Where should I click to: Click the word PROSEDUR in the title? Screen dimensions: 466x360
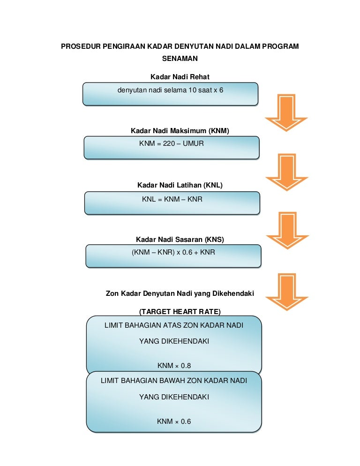(x=80, y=47)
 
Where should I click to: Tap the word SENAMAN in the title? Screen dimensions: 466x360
(x=180, y=59)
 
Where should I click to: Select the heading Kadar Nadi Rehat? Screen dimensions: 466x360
(x=180, y=77)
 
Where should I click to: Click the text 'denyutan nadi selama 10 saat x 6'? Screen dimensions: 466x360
(x=170, y=90)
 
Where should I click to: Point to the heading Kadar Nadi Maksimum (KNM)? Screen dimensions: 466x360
(x=180, y=131)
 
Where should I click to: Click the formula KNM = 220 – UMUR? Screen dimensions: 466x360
(x=172, y=143)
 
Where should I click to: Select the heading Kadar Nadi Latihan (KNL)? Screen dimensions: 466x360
(x=180, y=185)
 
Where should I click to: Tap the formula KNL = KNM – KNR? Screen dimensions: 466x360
(x=172, y=199)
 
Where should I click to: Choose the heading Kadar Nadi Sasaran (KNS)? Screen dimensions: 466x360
(x=180, y=240)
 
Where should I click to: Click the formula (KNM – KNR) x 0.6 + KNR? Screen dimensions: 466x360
(x=173, y=252)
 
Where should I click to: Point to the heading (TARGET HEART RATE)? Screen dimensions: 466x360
(x=180, y=312)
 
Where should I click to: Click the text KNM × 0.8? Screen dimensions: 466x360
(x=174, y=366)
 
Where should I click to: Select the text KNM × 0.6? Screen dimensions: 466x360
(x=174, y=421)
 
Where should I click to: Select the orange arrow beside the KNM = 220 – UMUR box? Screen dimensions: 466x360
(x=286, y=172)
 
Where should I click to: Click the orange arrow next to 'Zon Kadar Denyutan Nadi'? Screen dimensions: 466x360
(x=286, y=291)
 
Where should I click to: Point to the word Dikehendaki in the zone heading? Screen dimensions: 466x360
(x=233, y=294)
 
